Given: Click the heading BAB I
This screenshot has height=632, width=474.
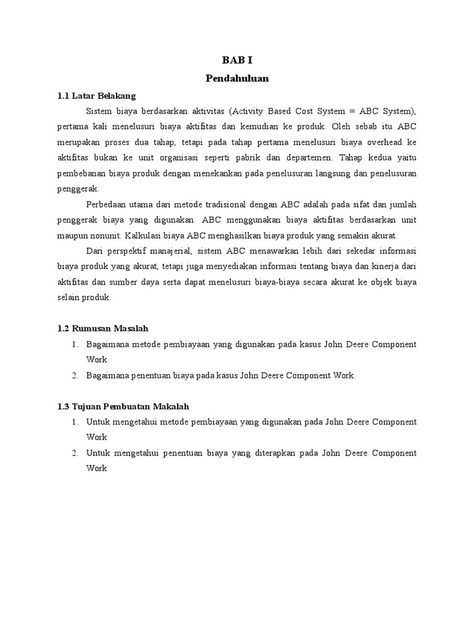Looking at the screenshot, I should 237,60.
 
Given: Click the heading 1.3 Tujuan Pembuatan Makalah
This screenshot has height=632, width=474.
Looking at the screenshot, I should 122,406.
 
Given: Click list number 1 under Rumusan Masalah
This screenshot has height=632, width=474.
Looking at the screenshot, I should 73,344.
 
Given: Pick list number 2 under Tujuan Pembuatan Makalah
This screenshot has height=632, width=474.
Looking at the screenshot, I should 73,453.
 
